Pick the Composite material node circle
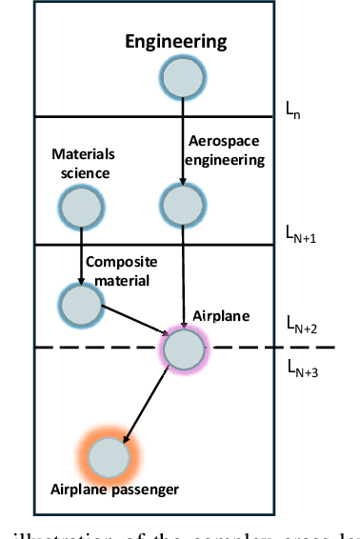(81, 304)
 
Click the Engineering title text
(177, 41)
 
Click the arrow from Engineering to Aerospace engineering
(180, 138)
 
